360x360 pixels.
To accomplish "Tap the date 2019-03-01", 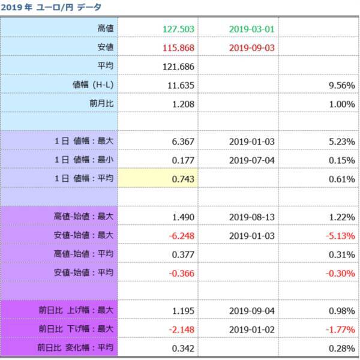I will coord(251,29).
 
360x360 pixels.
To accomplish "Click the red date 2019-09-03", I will coord(251,47).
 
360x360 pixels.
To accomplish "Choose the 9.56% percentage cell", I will coord(341,85).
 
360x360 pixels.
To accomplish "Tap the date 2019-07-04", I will coord(251,160).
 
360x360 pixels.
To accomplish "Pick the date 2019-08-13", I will coord(251,217).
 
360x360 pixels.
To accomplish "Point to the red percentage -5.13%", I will coord(340,235).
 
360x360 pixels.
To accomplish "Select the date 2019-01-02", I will coord(251,329).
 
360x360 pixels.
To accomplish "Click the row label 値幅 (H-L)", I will coord(93,85).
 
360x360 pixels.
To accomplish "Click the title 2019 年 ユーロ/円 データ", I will coord(51,7).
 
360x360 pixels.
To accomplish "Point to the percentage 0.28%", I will coord(341,347).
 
